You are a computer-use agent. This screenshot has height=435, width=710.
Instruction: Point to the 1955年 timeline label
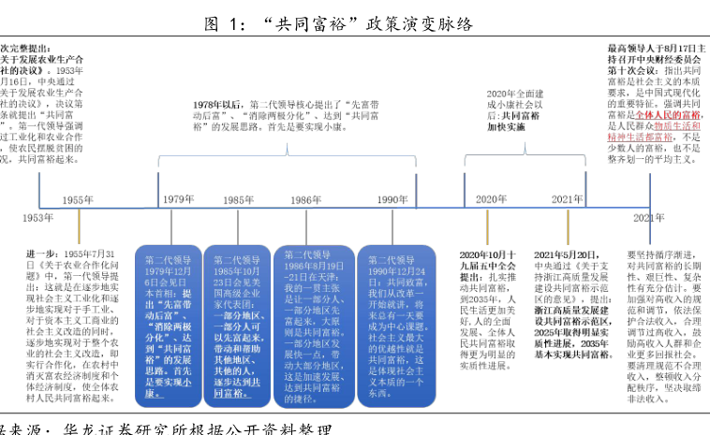[x=79, y=200]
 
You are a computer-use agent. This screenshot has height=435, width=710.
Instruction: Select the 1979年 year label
[x=178, y=200]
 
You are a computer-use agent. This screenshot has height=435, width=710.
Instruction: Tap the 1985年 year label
[x=239, y=200]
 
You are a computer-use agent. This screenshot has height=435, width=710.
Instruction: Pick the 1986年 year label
[x=306, y=200]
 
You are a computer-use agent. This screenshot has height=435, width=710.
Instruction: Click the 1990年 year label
[x=392, y=200]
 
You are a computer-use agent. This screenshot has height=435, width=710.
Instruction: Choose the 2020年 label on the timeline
[x=490, y=200]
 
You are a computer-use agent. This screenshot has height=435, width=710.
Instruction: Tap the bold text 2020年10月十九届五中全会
[x=488, y=259]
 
